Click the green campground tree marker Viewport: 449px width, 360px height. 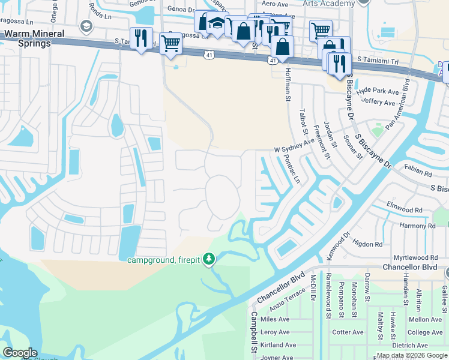(208, 259)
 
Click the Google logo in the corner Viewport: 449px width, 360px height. (20, 353)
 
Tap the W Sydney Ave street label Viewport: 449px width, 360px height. (294, 146)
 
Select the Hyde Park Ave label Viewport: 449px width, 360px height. (378, 91)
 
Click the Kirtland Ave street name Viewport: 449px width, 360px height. (278, 345)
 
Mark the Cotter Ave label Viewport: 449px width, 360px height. (348, 332)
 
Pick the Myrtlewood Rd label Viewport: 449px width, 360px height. (417, 257)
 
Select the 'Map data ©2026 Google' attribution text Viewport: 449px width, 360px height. (412, 355)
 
